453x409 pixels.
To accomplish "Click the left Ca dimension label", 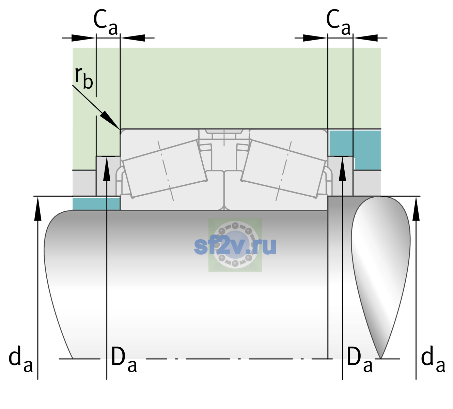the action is [x=106, y=22].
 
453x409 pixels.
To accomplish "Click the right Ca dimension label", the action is [x=338, y=22].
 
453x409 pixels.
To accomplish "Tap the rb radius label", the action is [x=83, y=77].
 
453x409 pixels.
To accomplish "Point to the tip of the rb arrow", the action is [x=120, y=129].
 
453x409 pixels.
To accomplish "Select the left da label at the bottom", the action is [x=20, y=360].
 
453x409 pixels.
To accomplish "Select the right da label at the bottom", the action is [x=433, y=360].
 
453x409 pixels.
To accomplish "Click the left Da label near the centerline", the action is [x=124, y=360].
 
